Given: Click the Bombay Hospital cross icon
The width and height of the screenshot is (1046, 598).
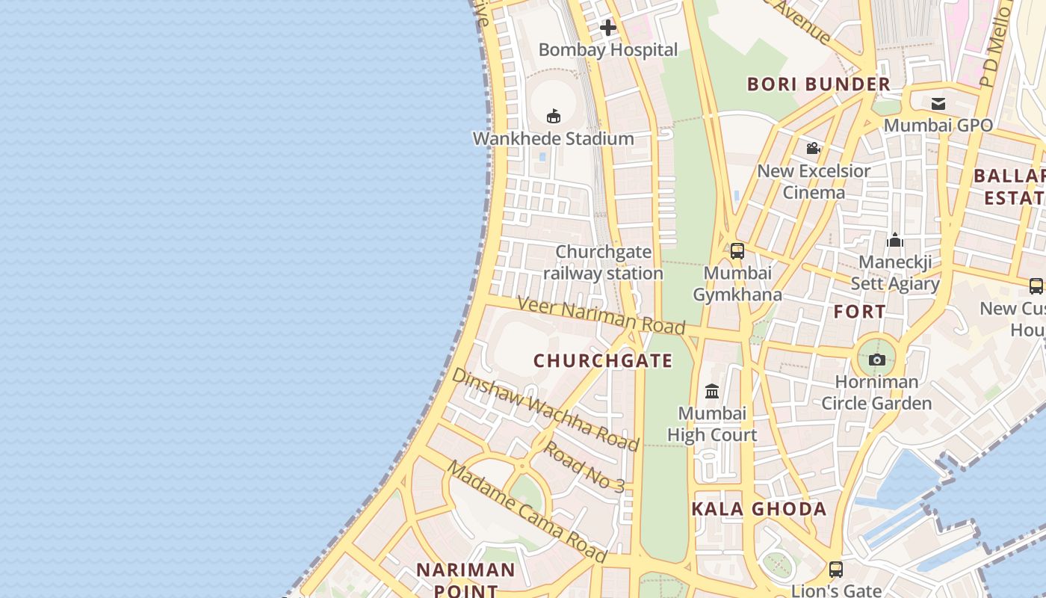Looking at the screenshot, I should (608, 28).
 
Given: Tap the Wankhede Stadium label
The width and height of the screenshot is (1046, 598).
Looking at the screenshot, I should (554, 138).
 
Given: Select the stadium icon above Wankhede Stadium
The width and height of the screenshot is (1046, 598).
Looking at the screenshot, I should (554, 116).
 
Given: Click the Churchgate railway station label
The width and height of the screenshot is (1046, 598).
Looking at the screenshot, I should (604, 262).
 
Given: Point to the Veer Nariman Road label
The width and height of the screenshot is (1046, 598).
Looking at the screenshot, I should (601, 315).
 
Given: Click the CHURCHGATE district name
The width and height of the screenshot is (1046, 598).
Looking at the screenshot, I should (603, 361).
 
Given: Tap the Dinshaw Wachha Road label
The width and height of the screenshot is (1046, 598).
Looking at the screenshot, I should (545, 410).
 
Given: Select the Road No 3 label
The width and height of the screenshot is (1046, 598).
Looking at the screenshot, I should (583, 466).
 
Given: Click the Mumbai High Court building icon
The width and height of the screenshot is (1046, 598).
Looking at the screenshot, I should (712, 391).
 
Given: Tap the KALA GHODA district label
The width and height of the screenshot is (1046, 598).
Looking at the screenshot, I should (758, 509).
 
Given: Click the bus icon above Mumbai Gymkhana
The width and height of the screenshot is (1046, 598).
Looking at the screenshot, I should (737, 251).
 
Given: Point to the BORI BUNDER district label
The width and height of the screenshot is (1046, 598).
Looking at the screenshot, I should (819, 84).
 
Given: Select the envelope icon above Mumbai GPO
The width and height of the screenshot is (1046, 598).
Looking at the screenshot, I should (938, 104).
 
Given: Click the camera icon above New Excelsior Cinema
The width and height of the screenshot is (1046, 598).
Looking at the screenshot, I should (814, 149).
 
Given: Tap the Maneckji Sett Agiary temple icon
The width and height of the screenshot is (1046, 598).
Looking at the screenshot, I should (895, 240).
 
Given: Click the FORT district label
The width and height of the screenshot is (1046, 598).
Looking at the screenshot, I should (860, 311).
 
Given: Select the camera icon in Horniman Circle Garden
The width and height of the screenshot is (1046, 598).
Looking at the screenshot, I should (878, 360).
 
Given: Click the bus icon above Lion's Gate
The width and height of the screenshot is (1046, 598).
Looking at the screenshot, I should (836, 570).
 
